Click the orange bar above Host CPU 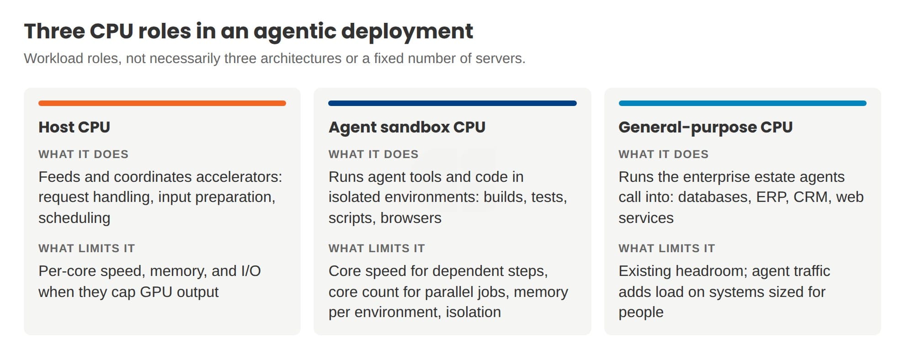162,103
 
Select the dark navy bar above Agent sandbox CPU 452,103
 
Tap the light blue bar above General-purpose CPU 742,103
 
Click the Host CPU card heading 74,127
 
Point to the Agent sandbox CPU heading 407,127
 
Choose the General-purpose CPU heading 705,127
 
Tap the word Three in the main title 54,31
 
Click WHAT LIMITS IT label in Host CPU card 86,248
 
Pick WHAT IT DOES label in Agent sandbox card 373,154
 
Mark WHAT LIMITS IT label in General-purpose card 666,248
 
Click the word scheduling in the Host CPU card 74,218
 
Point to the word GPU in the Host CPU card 156,292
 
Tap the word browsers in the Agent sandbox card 411,218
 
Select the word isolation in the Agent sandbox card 473,312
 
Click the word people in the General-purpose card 641,313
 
